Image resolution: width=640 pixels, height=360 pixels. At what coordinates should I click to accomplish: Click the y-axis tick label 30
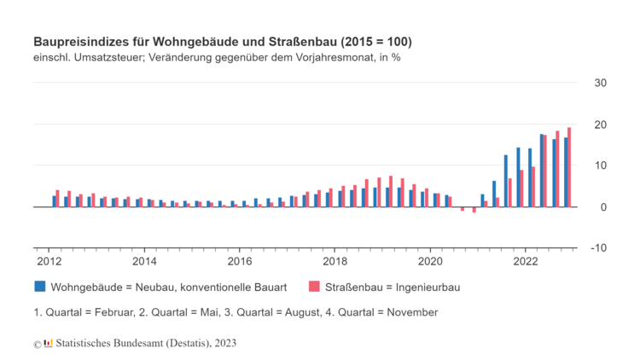click(601, 83)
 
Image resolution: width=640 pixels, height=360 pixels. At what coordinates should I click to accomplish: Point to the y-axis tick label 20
click(601, 125)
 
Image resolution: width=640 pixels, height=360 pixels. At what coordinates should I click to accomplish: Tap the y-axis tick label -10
click(599, 248)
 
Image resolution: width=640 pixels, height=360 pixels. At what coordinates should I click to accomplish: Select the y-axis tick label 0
click(603, 207)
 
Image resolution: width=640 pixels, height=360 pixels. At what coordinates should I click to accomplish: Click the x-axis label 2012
click(47, 261)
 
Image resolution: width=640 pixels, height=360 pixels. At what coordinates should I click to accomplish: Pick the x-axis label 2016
click(240, 261)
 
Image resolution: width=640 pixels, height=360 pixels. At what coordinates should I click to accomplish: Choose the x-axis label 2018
click(335, 261)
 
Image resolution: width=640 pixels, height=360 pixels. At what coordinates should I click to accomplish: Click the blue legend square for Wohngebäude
click(40, 287)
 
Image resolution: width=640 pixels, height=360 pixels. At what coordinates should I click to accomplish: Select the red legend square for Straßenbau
click(315, 287)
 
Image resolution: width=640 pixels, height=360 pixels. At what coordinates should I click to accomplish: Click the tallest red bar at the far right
click(569, 167)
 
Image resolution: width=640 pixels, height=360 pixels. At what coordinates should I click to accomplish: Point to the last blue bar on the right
click(565, 172)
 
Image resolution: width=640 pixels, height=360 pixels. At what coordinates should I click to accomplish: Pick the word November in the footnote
click(413, 312)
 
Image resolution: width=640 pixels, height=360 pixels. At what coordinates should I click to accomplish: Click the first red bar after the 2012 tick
click(58, 199)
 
